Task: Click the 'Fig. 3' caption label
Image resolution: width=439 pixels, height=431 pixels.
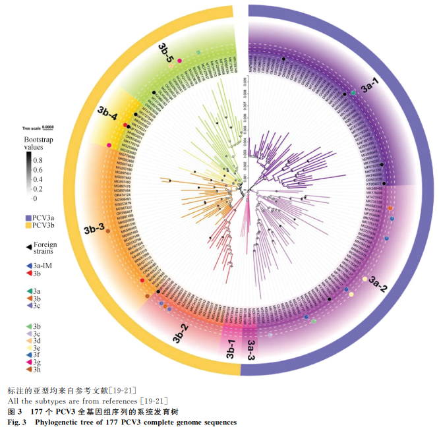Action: (x=16, y=422)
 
